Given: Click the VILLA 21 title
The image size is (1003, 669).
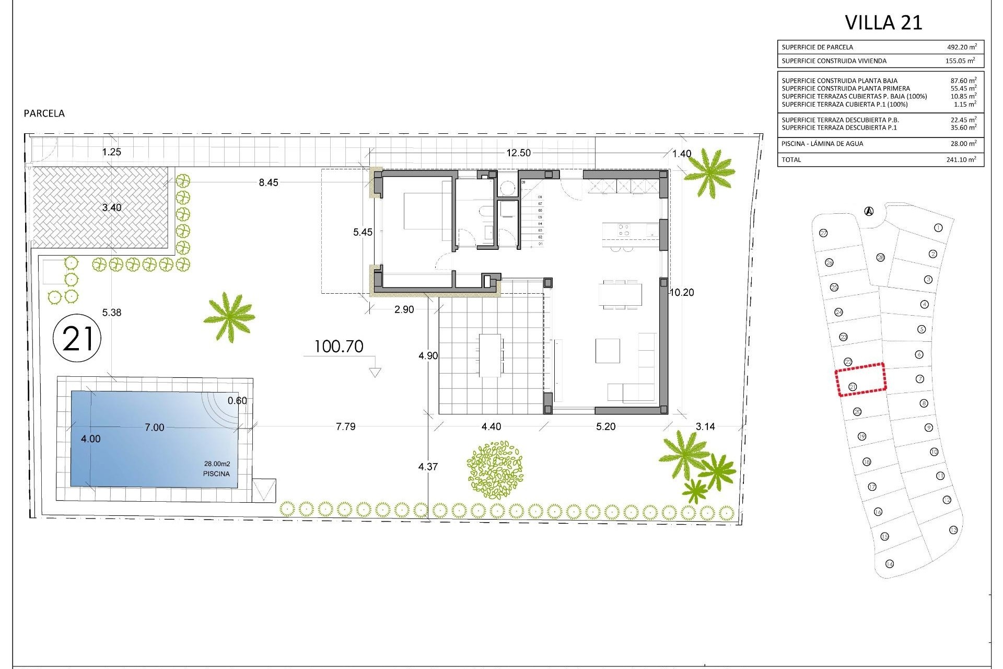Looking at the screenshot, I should coord(883,22).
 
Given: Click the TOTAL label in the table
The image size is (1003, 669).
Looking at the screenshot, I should coord(791,159).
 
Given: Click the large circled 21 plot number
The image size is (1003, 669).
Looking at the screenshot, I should coord(77,339).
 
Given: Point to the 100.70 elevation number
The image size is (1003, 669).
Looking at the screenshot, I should coord(339,347).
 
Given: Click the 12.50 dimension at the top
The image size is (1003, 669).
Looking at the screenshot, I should coord(518,153).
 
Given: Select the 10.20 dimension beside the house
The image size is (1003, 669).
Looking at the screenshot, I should coord(682,293).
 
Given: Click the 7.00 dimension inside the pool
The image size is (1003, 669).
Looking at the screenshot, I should coord(154,428).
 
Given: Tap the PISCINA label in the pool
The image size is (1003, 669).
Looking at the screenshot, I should coord(216,474).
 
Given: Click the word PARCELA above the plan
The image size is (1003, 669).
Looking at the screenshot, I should coord(44,113).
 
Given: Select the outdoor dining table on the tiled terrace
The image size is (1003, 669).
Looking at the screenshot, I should coord(491,355).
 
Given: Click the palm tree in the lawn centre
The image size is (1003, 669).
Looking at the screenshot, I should coord(229,317).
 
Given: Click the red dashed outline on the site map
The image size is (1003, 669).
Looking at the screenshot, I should coord(860,379).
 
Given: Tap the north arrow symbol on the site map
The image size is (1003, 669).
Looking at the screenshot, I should coord(869,211).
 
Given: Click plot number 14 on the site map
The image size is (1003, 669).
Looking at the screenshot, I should coord(890,563).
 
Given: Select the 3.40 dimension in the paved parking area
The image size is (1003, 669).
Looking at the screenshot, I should coord(111,207).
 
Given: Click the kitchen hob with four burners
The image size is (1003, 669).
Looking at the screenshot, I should coord(624,230).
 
